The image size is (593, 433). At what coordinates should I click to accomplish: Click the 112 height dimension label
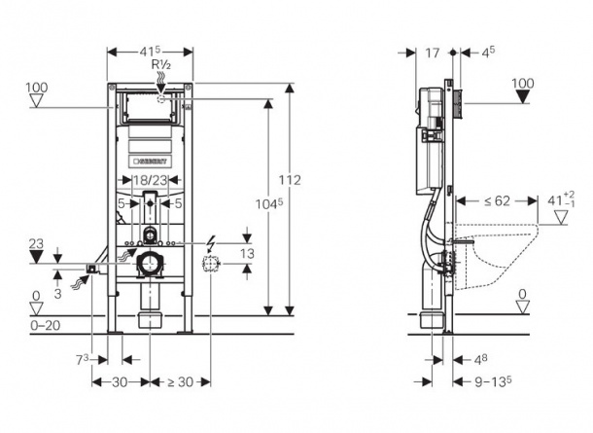tap(290, 180)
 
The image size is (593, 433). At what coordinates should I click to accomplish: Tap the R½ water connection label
tap(161, 65)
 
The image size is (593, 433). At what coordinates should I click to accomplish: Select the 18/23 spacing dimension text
tap(151, 180)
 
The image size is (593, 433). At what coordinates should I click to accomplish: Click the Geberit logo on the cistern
tap(151, 161)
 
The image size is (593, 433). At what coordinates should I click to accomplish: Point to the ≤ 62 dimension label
tap(497, 201)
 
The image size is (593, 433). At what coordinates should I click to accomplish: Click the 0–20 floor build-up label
tap(45, 325)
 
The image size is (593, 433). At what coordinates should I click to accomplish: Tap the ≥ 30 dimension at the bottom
tap(180, 381)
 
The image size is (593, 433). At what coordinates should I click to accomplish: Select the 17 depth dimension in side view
tap(433, 53)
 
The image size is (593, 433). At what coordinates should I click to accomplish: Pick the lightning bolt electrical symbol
tap(211, 241)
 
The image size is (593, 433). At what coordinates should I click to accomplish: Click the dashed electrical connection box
tap(211, 264)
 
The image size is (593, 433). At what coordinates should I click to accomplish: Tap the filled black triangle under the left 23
tap(36, 258)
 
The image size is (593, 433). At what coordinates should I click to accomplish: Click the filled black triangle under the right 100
tap(523, 97)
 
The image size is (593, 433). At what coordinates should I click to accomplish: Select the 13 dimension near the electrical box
tap(247, 254)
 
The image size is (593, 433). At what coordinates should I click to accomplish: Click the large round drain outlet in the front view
tap(151, 264)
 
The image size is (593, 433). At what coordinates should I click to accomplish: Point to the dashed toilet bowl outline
tap(497, 256)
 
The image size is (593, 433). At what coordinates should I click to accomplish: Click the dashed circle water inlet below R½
tap(161, 99)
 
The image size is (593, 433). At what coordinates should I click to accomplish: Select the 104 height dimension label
tap(269, 204)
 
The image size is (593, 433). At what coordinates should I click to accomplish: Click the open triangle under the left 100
tap(36, 101)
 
